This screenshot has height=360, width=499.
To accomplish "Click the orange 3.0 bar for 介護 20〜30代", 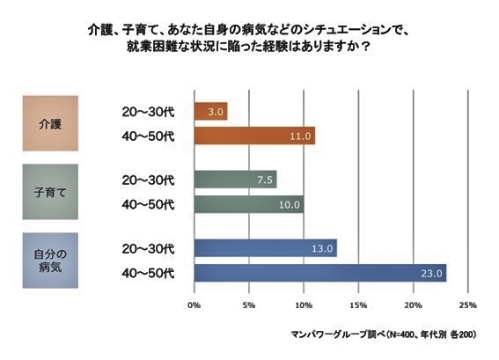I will tap(210, 112).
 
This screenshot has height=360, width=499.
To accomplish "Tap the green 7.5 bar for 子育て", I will tap(235, 180).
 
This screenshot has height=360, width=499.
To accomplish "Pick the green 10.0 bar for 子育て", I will tap(248, 204).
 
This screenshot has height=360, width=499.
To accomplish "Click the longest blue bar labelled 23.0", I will tap(319, 273).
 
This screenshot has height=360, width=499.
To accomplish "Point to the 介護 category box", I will tap(52, 124).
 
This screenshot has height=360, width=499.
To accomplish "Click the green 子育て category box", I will tap(52, 192).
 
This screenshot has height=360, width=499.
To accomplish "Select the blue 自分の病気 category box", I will tap(52, 261).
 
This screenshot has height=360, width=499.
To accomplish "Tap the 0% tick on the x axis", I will tap(194, 305).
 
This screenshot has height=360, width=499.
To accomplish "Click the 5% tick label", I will tap(249, 305).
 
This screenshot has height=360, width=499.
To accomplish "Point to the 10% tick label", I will tap(304, 305).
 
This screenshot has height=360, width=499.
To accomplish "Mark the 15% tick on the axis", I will tap(358, 305).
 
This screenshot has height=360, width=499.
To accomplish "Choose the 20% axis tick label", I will tap(413, 305).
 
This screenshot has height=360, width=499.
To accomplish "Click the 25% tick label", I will tap(467, 305).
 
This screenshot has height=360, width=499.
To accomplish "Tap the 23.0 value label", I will tap(431, 274).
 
